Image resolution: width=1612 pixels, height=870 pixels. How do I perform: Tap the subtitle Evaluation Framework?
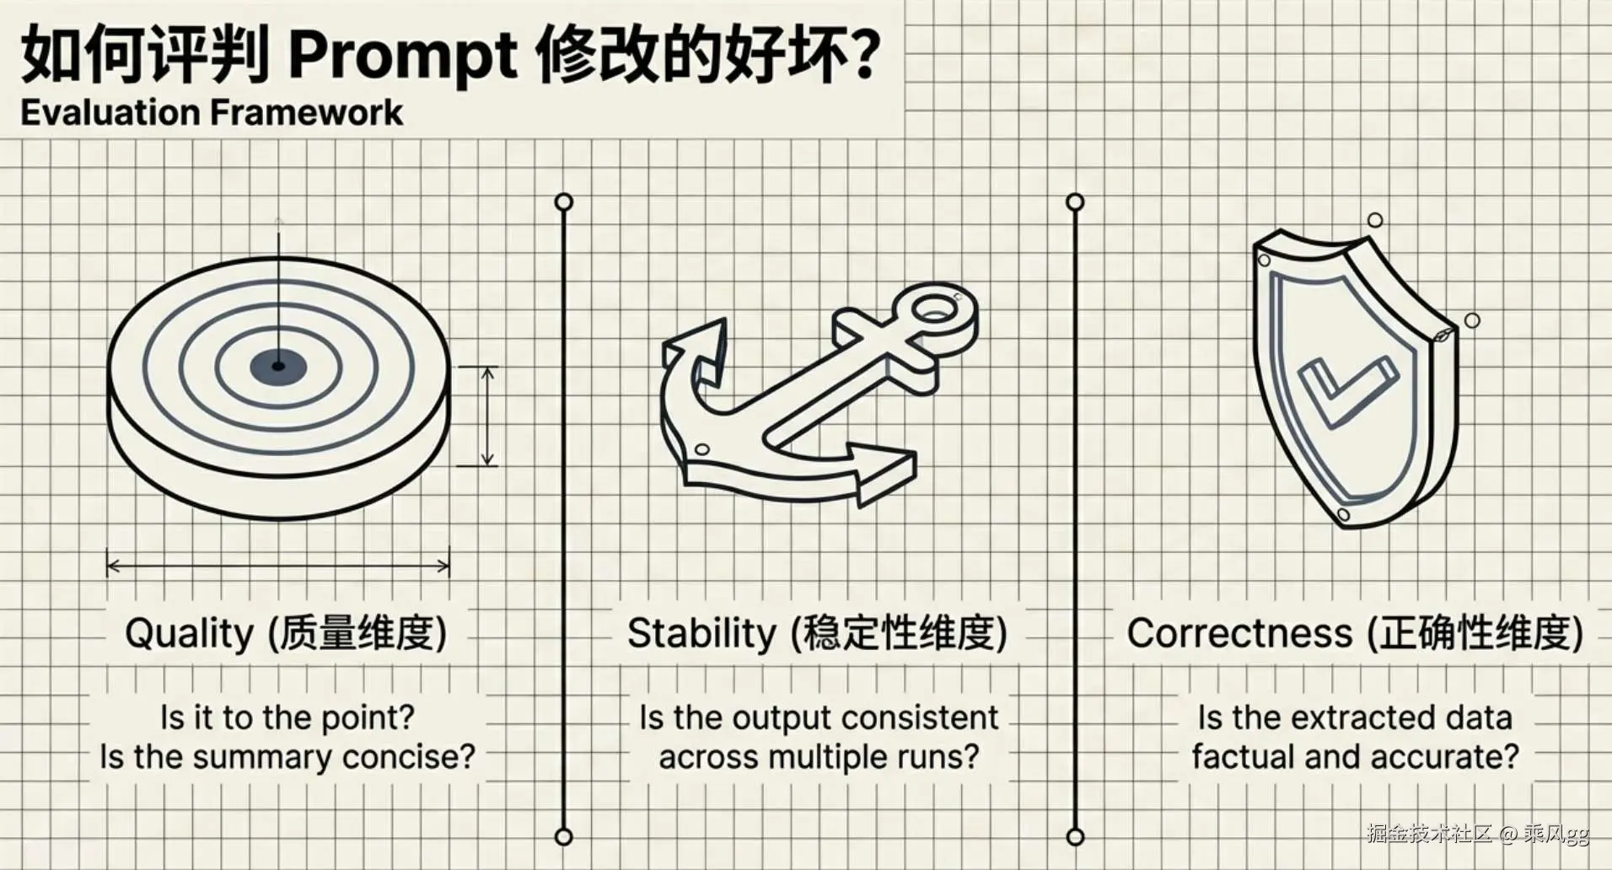tap(212, 113)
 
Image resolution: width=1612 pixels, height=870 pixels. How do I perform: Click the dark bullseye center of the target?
tap(278, 366)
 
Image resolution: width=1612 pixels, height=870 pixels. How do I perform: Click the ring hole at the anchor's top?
tap(933, 310)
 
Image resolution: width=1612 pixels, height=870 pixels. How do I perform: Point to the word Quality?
tap(189, 633)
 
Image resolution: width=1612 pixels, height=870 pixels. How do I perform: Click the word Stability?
tap(701, 632)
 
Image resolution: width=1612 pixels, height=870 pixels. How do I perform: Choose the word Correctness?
tap(1239, 633)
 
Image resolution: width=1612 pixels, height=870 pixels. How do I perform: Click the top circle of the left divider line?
tap(564, 202)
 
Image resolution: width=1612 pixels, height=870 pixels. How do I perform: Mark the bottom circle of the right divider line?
tap(1075, 836)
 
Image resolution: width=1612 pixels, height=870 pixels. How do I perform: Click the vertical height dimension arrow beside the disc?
tap(487, 416)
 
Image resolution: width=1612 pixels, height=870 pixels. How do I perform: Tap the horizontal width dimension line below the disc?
tap(278, 566)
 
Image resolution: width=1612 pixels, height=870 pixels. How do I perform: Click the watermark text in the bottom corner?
tap(1478, 834)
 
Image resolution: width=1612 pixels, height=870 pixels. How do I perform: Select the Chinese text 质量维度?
tap(357, 633)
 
